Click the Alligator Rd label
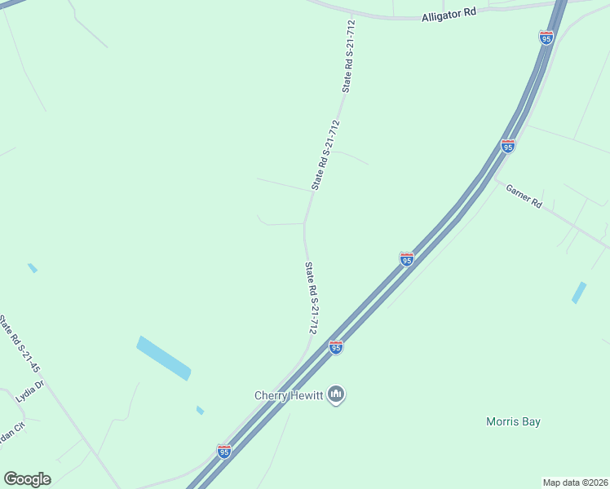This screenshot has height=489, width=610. pyautogui.click(x=447, y=15)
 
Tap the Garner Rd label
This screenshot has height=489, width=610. pyautogui.click(x=524, y=196)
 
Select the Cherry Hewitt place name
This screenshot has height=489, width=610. pyautogui.click(x=290, y=396)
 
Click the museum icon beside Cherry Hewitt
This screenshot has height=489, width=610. pyautogui.click(x=336, y=396)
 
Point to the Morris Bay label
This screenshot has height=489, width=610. pyautogui.click(x=513, y=421)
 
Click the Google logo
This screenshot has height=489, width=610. pyautogui.click(x=27, y=479)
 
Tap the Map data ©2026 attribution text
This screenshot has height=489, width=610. pyautogui.click(x=576, y=482)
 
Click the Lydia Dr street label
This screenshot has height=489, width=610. pyautogui.click(x=28, y=393)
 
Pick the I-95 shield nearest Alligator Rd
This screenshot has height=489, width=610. pyautogui.click(x=546, y=37)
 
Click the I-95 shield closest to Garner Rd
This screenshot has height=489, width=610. pyautogui.click(x=508, y=146)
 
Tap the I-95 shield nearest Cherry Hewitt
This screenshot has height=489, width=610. pyautogui.click(x=336, y=347)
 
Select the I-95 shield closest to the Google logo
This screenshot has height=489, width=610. pyautogui.click(x=224, y=451)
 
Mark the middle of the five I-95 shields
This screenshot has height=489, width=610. pyautogui.click(x=407, y=259)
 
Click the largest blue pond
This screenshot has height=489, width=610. pyautogui.click(x=164, y=358)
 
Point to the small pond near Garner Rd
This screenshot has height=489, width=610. pyautogui.click(x=579, y=293)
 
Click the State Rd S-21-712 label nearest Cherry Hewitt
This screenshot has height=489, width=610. pyautogui.click(x=311, y=297)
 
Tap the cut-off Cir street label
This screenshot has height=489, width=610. pyautogui.click(x=11, y=433)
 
